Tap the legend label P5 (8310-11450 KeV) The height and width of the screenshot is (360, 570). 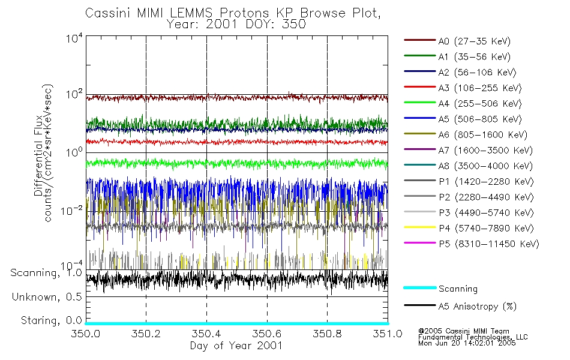pyautogui.click(x=488, y=244)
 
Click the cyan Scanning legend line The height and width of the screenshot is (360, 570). pyautogui.click(x=419, y=288)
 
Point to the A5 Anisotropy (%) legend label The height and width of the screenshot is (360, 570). pyautogui.click(x=477, y=307)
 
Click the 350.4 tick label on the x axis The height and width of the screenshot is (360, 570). pyautogui.click(x=206, y=334)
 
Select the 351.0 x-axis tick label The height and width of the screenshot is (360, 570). pyautogui.click(x=387, y=334)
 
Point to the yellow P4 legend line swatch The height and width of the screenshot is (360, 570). pyautogui.click(x=419, y=229)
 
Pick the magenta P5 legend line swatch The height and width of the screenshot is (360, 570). pyautogui.click(x=419, y=244)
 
